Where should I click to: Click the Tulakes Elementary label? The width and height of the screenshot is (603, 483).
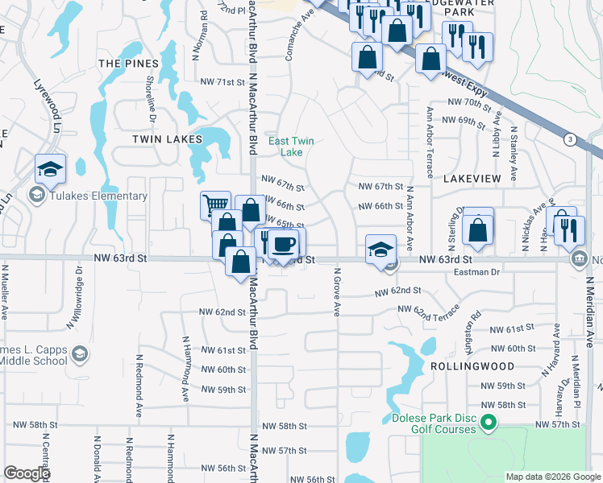[99, 196]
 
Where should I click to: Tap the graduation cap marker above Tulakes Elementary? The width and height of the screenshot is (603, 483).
[50, 169]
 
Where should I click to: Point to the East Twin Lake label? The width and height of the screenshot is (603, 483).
[291, 147]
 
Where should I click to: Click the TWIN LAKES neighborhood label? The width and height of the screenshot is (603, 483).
[168, 139]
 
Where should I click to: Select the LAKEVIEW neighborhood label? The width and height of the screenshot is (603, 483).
[472, 178]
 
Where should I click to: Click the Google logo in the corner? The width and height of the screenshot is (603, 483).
[27, 473]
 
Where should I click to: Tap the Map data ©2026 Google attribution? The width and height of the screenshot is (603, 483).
[553, 477]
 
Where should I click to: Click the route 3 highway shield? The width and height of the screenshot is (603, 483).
[571, 139]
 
